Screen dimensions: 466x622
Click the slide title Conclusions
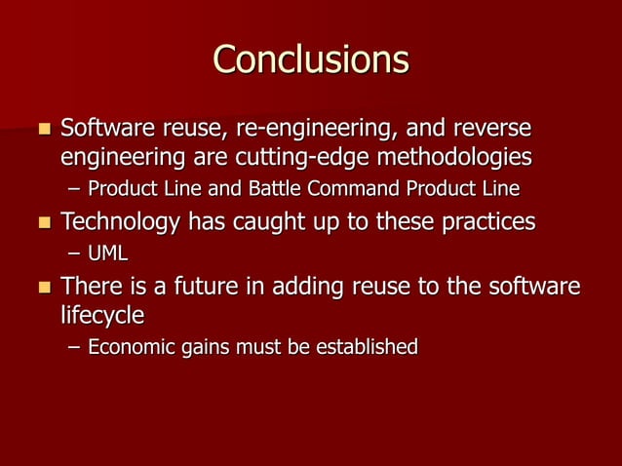pos(311,60)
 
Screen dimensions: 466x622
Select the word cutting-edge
pos(292,156)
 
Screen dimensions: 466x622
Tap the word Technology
pos(119,222)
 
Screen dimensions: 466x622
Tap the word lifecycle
pos(102,316)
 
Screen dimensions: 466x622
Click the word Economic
pos(130,347)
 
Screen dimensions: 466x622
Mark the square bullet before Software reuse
pos(42,130)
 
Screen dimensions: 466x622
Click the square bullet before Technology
pos(42,223)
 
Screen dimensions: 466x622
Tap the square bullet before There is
pos(42,290)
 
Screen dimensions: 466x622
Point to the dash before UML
pos(75,254)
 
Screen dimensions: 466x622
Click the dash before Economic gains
pos(75,347)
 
